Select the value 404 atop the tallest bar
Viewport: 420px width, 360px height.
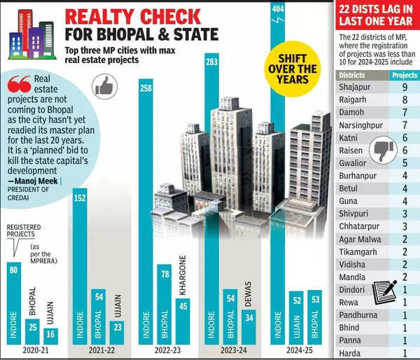(x=278, y=8)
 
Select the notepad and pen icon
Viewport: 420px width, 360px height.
(x=384, y=290)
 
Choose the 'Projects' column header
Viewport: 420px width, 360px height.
(x=404, y=74)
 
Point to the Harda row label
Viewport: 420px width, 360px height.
(x=351, y=353)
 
